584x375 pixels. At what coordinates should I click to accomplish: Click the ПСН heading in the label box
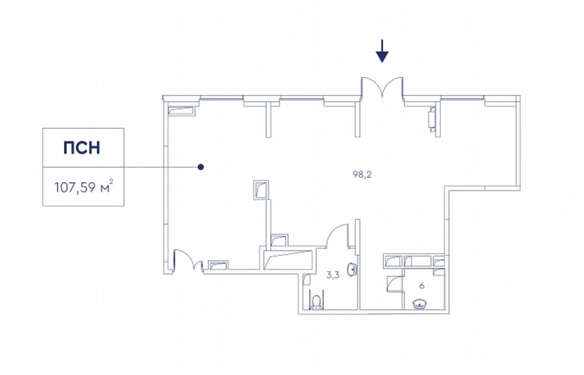(82, 148)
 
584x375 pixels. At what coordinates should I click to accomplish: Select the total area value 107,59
(74, 188)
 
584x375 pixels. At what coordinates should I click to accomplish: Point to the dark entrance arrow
(382, 51)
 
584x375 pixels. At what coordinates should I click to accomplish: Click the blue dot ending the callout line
(200, 167)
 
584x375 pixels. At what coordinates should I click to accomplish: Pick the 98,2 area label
(362, 174)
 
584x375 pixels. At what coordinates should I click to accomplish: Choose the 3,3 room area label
(333, 275)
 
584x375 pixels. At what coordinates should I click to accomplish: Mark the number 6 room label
(422, 286)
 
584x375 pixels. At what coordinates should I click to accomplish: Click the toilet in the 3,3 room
(316, 302)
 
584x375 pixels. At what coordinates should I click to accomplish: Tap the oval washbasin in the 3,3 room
(352, 270)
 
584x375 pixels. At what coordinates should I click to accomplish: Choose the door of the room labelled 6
(395, 283)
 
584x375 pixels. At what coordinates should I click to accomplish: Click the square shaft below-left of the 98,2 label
(261, 190)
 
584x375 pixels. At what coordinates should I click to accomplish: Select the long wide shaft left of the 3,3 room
(288, 260)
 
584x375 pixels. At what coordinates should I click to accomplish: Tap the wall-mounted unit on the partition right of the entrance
(432, 118)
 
